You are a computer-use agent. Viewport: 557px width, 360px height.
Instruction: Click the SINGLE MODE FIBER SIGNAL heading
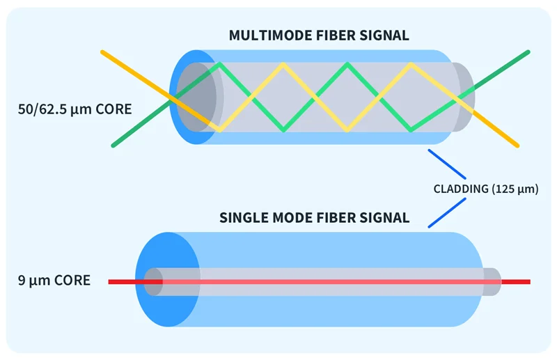coord(314,217)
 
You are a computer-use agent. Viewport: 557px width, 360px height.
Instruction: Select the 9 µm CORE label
coord(54,281)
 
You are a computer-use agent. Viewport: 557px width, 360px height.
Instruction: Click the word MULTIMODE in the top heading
coord(267,36)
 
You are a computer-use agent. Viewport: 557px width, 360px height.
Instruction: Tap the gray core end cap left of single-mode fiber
coord(152,281)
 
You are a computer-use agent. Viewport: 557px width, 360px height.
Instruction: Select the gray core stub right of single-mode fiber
coord(492,281)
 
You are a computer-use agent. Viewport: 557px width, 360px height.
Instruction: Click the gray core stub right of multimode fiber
coord(464,97)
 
